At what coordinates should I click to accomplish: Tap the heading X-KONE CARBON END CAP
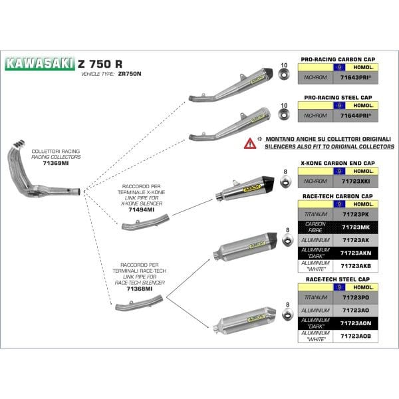[337, 163]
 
